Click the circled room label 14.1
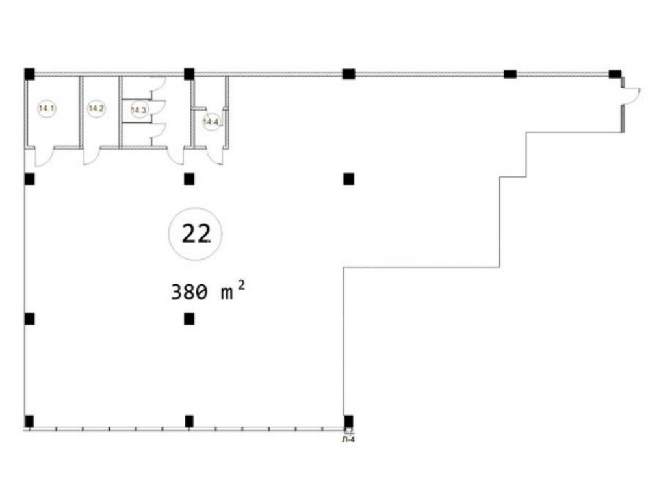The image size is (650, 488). pos(47,109)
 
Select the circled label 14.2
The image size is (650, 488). pos(96,109)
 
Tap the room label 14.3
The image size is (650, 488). pos(138,110)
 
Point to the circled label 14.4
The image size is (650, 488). pos(211,122)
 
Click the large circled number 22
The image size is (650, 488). pos(195,234)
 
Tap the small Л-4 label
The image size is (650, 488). pos(348,441)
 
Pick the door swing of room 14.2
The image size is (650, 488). pos(92,156)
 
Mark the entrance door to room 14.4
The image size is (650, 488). pos(215,156)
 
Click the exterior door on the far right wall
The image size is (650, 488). pos(631,96)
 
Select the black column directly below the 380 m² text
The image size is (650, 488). pos(189,319)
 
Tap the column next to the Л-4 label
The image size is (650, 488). pos(348,421)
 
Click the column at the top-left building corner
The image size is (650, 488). pos(29,74)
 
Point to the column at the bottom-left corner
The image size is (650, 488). pos(29,421)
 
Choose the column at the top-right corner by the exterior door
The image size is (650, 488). pos(615,74)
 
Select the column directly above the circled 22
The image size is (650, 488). pos(189,179)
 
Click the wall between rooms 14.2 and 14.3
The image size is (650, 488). pos(120,112)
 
